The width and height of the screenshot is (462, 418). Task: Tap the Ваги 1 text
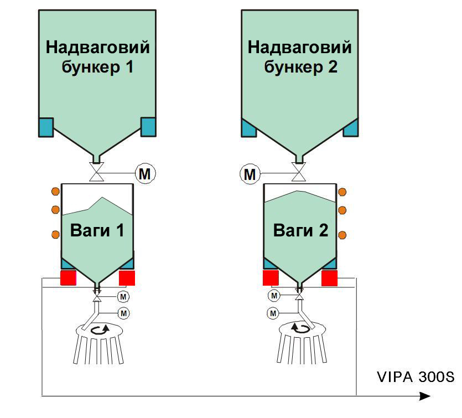click(x=97, y=230)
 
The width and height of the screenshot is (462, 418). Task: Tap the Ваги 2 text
click(x=300, y=230)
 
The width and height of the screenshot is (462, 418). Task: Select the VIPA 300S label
click(x=416, y=378)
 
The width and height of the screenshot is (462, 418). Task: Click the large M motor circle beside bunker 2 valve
click(x=250, y=174)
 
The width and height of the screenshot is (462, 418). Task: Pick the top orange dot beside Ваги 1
click(x=55, y=192)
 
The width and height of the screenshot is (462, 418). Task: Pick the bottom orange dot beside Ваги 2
click(x=342, y=235)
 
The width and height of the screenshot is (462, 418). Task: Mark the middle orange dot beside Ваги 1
click(x=55, y=209)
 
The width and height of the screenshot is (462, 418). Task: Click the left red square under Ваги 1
click(x=68, y=277)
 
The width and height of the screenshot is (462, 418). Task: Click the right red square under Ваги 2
click(x=330, y=277)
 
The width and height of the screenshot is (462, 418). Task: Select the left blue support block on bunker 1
click(x=45, y=127)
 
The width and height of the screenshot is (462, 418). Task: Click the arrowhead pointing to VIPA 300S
click(x=425, y=396)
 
